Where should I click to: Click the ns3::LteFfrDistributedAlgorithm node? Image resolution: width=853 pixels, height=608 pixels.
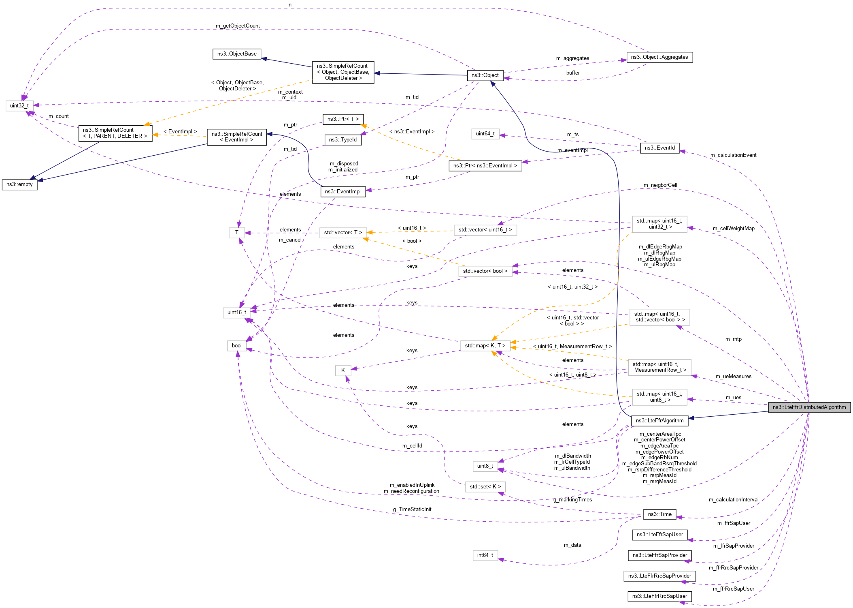pyautogui.click(x=809, y=407)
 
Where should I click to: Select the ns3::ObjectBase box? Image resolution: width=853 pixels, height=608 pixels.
pyautogui.click(x=237, y=54)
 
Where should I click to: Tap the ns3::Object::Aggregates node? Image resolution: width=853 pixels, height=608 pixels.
pyautogui.click(x=659, y=57)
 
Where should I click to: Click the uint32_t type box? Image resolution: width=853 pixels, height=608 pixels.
pyautogui.click(x=19, y=106)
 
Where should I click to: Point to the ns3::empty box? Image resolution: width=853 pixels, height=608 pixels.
pyautogui.click(x=19, y=184)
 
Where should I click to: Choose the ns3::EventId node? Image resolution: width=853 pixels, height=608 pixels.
pyautogui.click(x=659, y=148)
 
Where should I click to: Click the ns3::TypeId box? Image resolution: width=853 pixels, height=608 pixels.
pyautogui.click(x=343, y=140)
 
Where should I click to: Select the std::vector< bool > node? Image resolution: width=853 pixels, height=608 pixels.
pyautogui.click(x=485, y=271)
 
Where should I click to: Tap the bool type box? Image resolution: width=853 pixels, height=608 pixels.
pyautogui.click(x=237, y=346)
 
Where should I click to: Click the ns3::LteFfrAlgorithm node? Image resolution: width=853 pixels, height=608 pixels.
pyautogui.click(x=659, y=421)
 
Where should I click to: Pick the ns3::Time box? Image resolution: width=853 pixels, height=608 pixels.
pyautogui.click(x=659, y=514)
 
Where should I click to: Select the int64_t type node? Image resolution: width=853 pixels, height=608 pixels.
pyautogui.click(x=485, y=555)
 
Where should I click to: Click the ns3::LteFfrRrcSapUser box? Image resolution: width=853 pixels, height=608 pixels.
pyautogui.click(x=659, y=596)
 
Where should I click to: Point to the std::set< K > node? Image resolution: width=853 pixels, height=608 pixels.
pyautogui.click(x=485, y=487)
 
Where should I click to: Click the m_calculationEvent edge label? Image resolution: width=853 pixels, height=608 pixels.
pyautogui.click(x=733, y=155)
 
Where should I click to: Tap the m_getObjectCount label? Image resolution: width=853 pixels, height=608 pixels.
pyautogui.click(x=238, y=26)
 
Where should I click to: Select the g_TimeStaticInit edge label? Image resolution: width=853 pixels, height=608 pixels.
pyautogui.click(x=412, y=510)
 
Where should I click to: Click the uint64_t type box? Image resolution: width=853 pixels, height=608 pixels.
pyautogui.click(x=485, y=134)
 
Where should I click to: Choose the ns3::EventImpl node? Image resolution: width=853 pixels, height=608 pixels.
pyautogui.click(x=343, y=192)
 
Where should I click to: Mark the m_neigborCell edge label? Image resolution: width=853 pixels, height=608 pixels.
pyautogui.click(x=660, y=185)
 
